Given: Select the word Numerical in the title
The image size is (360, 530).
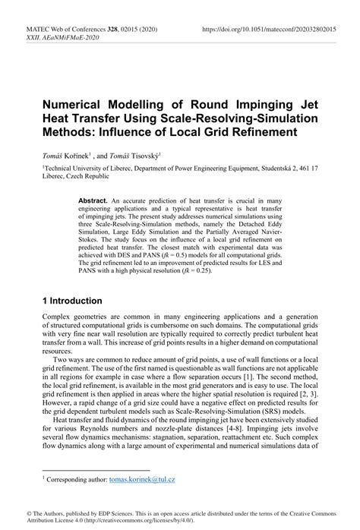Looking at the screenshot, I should coord(81,103).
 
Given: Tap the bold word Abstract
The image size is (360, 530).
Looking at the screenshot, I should coord(94,200).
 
